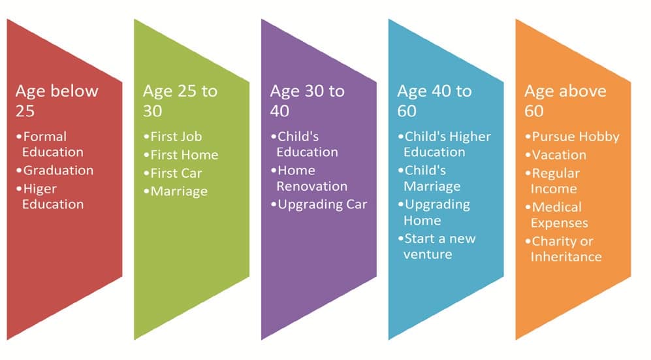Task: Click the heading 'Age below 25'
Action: (57, 101)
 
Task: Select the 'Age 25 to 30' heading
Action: (180, 101)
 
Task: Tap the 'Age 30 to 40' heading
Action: (308, 101)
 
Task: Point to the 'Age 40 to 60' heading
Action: (434, 101)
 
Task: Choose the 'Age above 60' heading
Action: (565, 101)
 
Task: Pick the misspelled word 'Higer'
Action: (40, 189)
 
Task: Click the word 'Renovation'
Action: (312, 186)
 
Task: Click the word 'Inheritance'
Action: (566, 257)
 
